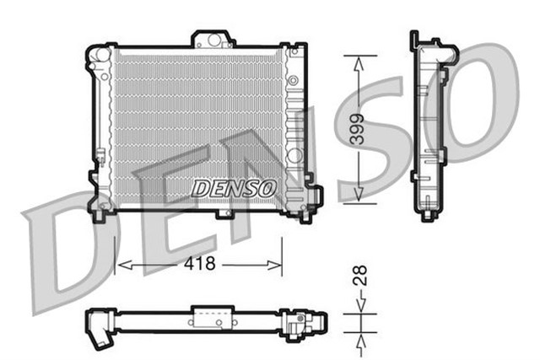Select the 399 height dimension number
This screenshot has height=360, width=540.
[x=359, y=128]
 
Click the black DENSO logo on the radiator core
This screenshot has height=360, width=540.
[x=234, y=187]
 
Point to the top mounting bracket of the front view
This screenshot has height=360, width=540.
[x=212, y=38]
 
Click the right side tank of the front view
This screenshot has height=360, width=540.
[x=294, y=126]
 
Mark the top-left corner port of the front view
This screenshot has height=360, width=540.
[x=100, y=56]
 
